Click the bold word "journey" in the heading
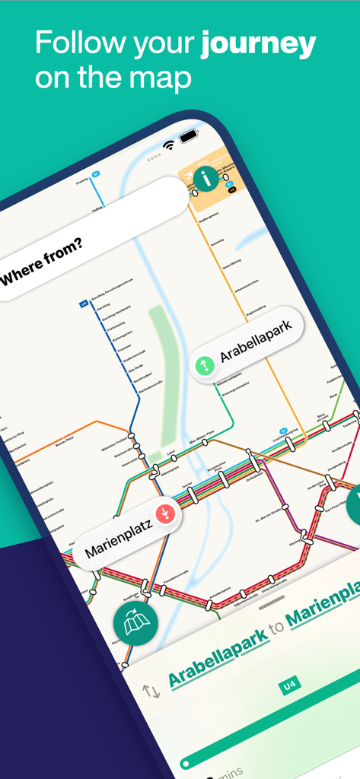258,44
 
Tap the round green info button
205,180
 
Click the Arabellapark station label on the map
256,345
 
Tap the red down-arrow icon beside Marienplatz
165,514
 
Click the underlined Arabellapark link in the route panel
218,646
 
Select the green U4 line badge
289,685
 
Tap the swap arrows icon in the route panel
151,691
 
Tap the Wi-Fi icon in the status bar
168,145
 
